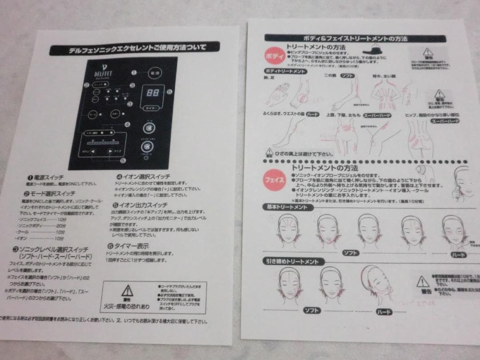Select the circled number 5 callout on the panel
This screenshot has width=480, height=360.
click(x=123, y=161)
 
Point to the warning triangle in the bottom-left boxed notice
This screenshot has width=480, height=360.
click(x=127, y=291)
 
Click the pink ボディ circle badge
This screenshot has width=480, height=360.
click(x=272, y=57)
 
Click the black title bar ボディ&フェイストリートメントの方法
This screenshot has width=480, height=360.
click(x=355, y=39)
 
